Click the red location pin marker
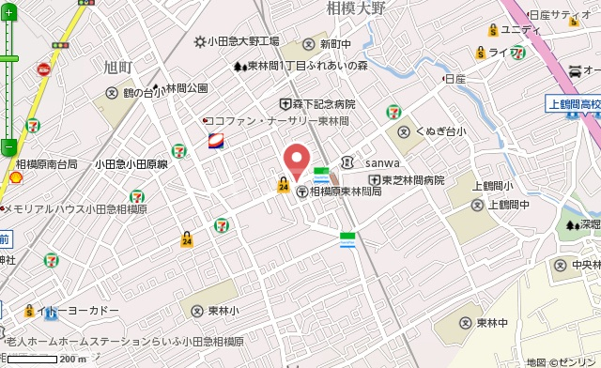click(297, 161)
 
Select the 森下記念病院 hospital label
click(323, 104)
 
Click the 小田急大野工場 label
click(242, 41)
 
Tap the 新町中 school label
click(335, 44)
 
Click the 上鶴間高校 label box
click(573, 105)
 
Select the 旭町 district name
click(120, 66)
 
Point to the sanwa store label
click(382, 161)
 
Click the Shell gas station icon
click(15, 177)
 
